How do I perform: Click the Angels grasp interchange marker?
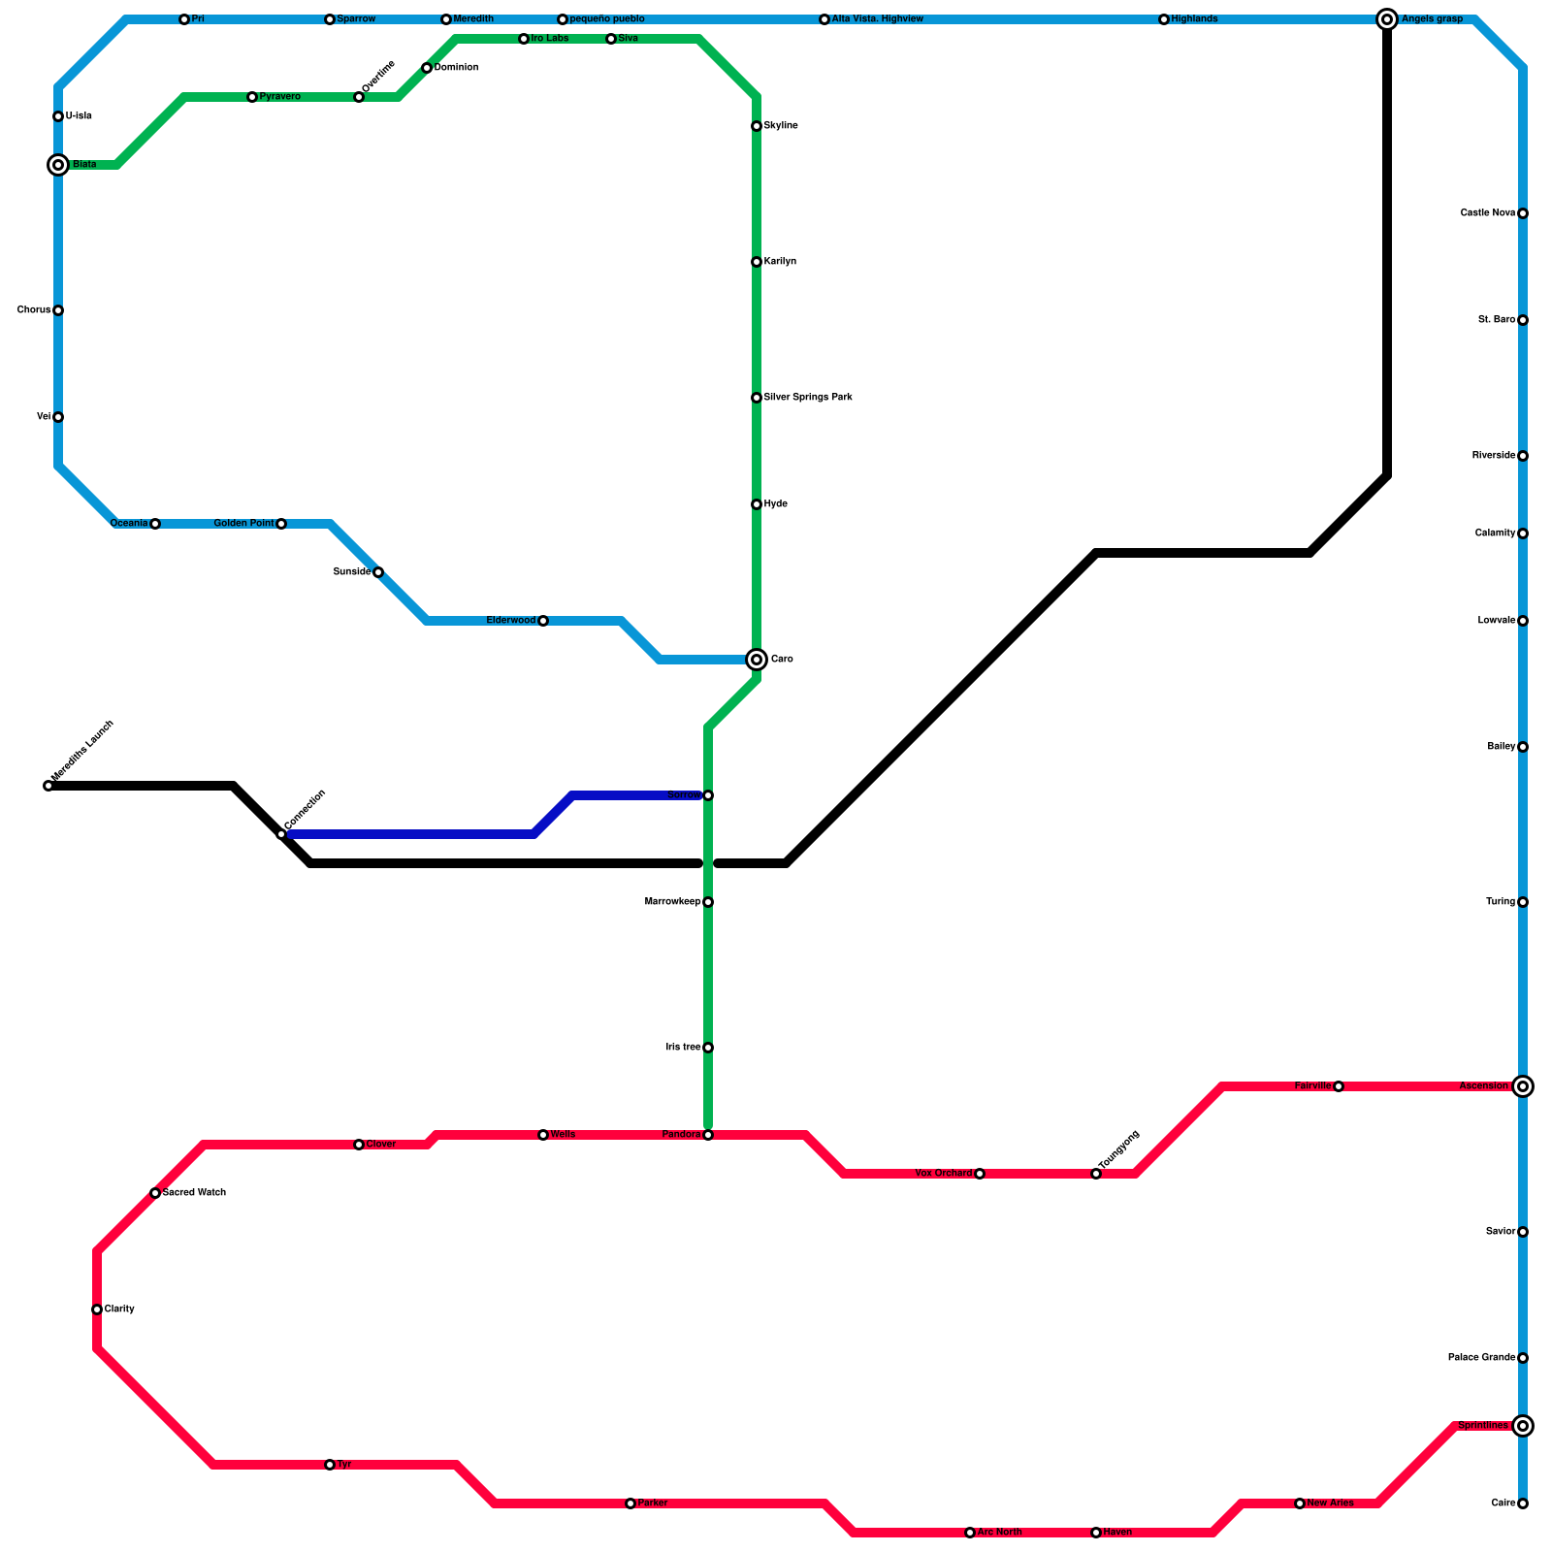[x=1387, y=19]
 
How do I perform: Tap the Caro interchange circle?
[x=757, y=660]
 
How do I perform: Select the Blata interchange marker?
[x=58, y=165]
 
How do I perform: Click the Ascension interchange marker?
[x=1523, y=1086]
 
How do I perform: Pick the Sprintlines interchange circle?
[x=1523, y=1426]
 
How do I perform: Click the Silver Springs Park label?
[x=808, y=398]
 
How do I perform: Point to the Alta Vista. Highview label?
[x=878, y=19]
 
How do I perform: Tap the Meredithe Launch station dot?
[x=48, y=786]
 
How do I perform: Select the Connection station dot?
[x=281, y=834]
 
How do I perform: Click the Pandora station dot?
[x=708, y=1135]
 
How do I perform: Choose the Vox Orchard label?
[x=943, y=1174]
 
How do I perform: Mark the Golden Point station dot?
[x=281, y=524]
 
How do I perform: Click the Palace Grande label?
[x=1481, y=1358]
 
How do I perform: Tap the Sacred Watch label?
[x=194, y=1193]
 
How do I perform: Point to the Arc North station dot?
[x=970, y=1533]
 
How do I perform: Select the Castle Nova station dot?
[x=1523, y=213]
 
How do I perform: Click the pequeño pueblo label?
[x=607, y=19]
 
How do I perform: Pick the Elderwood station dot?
[x=543, y=621]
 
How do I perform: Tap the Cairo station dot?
[x=1523, y=1503]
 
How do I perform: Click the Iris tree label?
[x=683, y=1048]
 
